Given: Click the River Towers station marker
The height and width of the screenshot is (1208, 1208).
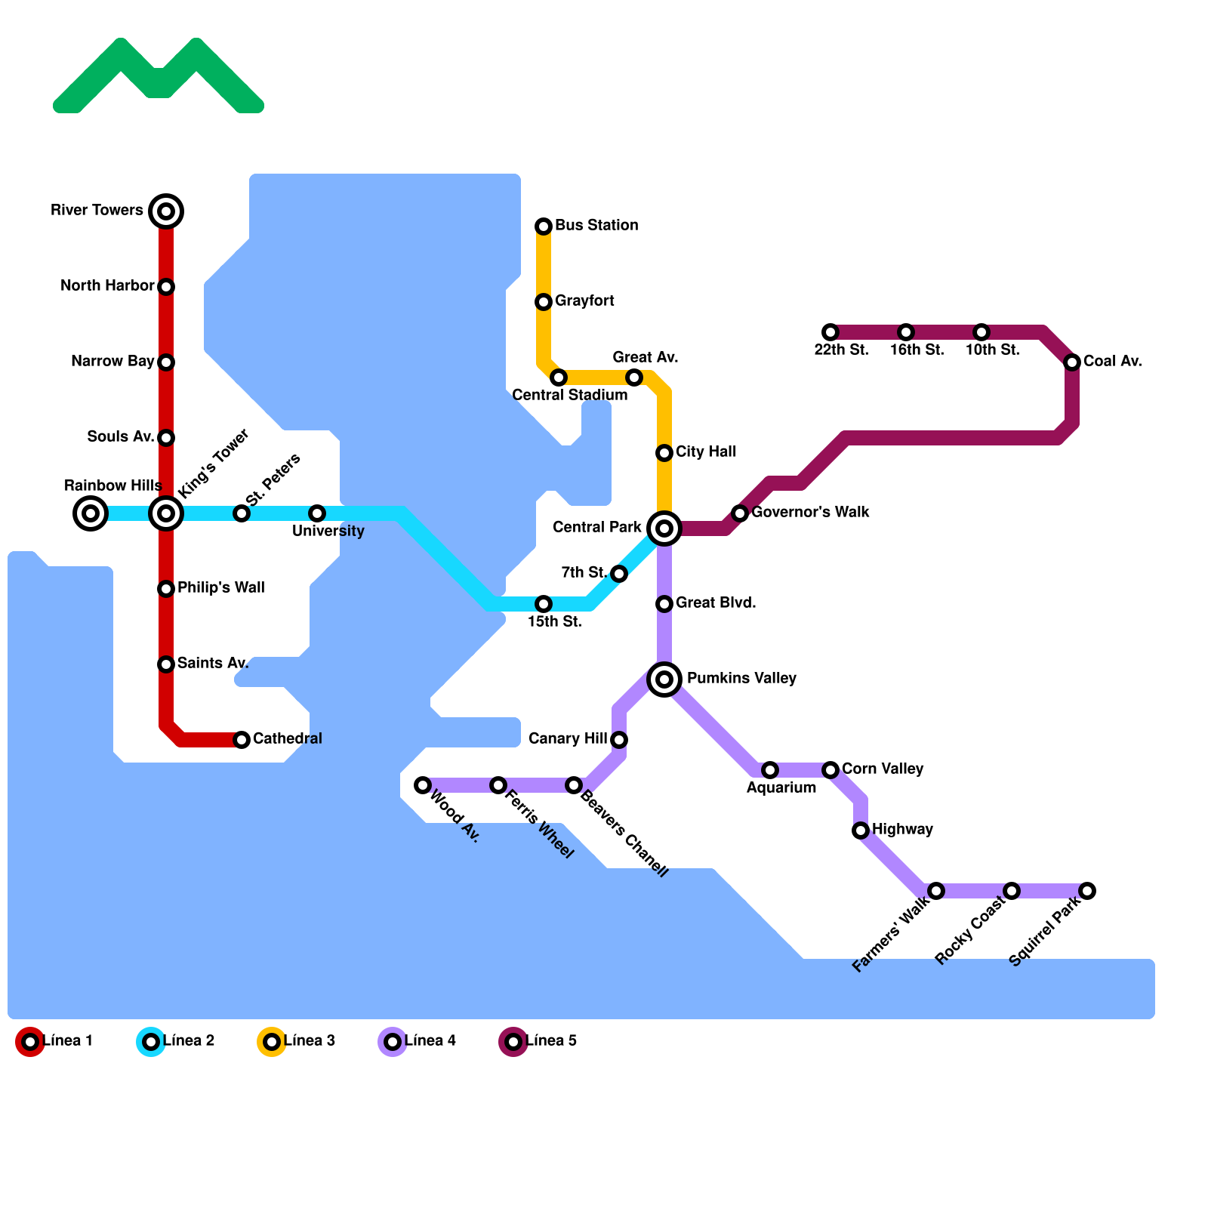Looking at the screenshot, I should point(166,211).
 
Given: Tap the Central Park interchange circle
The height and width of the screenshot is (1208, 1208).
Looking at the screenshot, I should point(664,528).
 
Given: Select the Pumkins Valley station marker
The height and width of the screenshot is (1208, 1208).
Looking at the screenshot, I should point(664,679).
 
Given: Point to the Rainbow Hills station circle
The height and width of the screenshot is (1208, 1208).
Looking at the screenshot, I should point(91,514).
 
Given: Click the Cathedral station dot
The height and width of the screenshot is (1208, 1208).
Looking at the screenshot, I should point(242,740).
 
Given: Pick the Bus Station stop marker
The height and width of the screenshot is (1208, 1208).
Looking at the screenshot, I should point(544,226).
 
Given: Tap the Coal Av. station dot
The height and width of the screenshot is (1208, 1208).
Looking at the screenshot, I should point(1072,362).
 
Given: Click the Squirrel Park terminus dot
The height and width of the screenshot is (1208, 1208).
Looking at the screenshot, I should point(1087,891).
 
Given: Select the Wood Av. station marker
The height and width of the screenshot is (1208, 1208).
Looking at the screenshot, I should point(423,785).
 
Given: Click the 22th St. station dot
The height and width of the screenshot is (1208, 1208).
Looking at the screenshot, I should point(830,332).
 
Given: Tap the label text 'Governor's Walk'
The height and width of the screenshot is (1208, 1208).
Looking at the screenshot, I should point(810,513).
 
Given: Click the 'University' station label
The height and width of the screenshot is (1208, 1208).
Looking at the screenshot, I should point(328,532).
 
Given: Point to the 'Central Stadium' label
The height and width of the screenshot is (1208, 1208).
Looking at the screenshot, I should point(569,396).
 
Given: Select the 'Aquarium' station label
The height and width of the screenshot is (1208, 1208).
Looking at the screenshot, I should point(781,788).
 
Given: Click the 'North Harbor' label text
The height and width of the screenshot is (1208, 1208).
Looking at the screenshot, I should point(107,286).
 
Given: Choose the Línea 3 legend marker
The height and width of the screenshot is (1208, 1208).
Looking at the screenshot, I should point(272,1042).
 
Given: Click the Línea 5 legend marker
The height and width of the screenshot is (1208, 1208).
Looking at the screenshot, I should point(513,1042).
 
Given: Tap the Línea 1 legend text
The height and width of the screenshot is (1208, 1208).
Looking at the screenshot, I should point(68,1041).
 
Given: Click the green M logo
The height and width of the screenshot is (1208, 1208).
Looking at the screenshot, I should point(159,75).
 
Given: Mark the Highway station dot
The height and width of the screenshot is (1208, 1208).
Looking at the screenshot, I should point(861,830).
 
